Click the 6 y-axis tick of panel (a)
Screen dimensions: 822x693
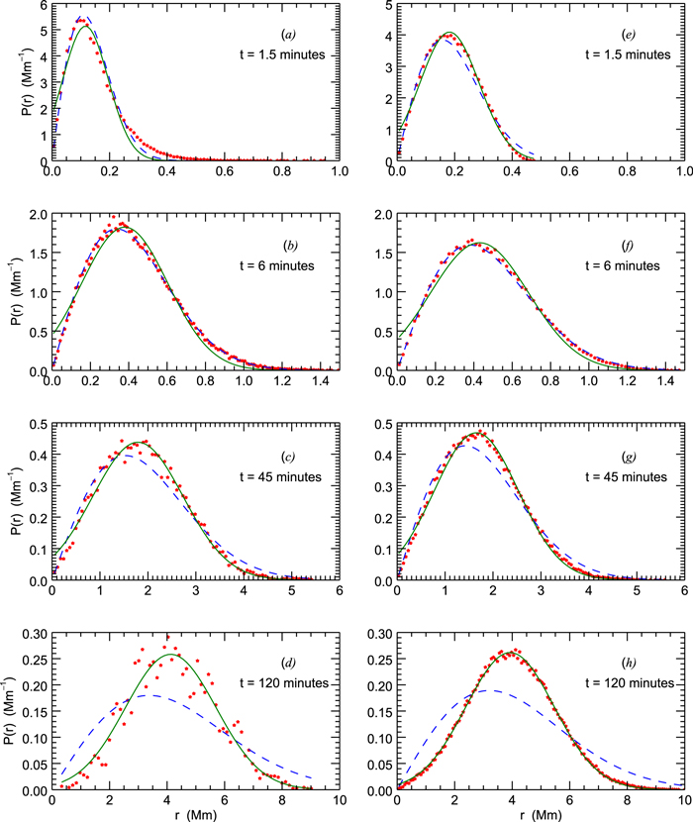click(x=42, y=6)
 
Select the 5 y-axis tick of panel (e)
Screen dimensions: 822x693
click(x=386, y=6)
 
